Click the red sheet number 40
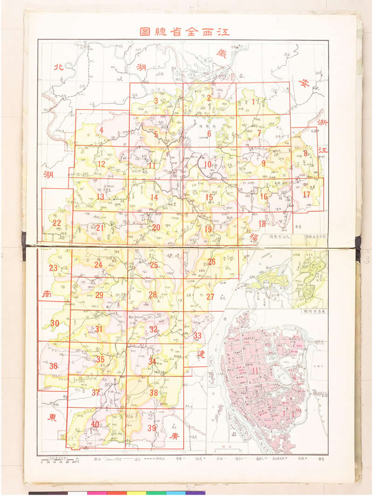click(95, 424)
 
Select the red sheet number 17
click(306, 195)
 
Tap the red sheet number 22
click(56, 223)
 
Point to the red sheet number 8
click(305, 153)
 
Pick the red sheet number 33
click(197, 335)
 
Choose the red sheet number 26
click(211, 262)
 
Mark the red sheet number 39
click(152, 428)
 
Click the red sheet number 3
click(156, 100)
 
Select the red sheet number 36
click(53, 366)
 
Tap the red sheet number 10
click(207, 164)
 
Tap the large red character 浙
click(322, 122)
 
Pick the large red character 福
click(254, 238)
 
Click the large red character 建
click(200, 354)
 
